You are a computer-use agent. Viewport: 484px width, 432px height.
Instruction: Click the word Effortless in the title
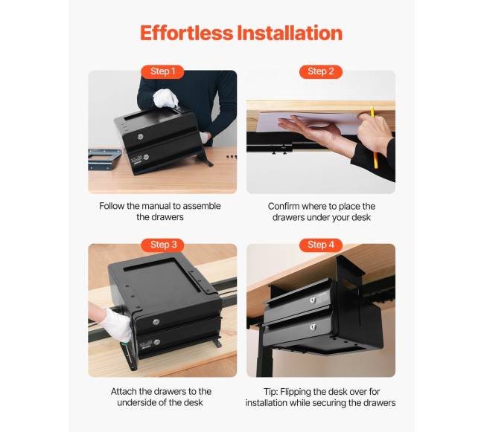[x=186, y=33]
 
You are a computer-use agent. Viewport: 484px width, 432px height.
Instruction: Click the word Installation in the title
[x=290, y=33]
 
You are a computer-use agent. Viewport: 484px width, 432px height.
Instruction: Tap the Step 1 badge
[x=162, y=71]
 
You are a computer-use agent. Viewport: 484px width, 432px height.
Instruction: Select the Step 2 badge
[x=321, y=71]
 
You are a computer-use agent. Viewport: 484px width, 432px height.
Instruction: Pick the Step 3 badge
[x=162, y=245]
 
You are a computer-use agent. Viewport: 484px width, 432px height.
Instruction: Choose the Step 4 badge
[x=321, y=245]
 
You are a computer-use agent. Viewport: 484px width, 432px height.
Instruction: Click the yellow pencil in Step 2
[x=374, y=138]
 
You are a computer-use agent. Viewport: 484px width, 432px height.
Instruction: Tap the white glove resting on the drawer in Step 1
[x=165, y=98]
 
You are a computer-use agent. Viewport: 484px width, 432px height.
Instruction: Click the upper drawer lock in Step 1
[x=141, y=137]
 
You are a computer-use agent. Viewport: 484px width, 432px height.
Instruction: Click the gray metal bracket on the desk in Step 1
[x=104, y=159]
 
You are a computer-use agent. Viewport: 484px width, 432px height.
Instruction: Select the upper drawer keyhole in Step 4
[x=313, y=300]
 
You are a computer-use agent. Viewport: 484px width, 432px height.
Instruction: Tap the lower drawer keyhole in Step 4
[x=313, y=326]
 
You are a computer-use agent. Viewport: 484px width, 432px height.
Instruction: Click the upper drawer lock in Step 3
[x=156, y=322]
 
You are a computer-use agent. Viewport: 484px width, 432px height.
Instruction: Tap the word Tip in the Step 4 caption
[x=271, y=392]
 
